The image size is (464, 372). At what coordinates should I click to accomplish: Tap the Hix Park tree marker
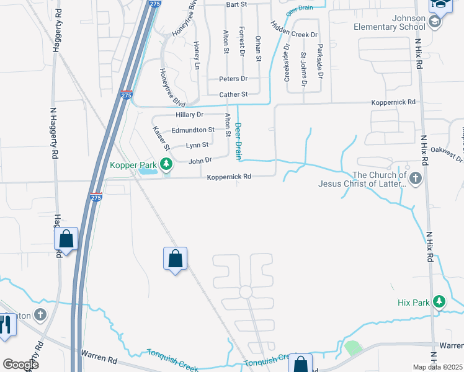pyautogui.click(x=439, y=302)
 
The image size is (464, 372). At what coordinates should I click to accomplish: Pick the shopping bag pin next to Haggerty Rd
pyautogui.click(x=66, y=239)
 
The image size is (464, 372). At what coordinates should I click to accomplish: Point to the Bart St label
pyautogui.click(x=237, y=4)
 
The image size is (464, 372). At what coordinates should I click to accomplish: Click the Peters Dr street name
pyautogui.click(x=233, y=79)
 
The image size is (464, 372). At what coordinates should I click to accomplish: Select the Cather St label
pyautogui.click(x=233, y=94)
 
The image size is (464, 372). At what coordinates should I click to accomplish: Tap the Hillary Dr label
pyautogui.click(x=190, y=115)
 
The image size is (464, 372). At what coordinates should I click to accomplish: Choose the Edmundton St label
pyautogui.click(x=193, y=130)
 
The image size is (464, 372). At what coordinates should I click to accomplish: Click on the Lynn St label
pyautogui.click(x=197, y=145)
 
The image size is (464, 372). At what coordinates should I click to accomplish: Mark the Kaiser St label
pyautogui.click(x=161, y=138)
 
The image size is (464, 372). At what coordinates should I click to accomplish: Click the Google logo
pyautogui.click(x=20, y=365)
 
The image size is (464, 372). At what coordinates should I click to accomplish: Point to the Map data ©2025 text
pyautogui.click(x=437, y=367)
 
